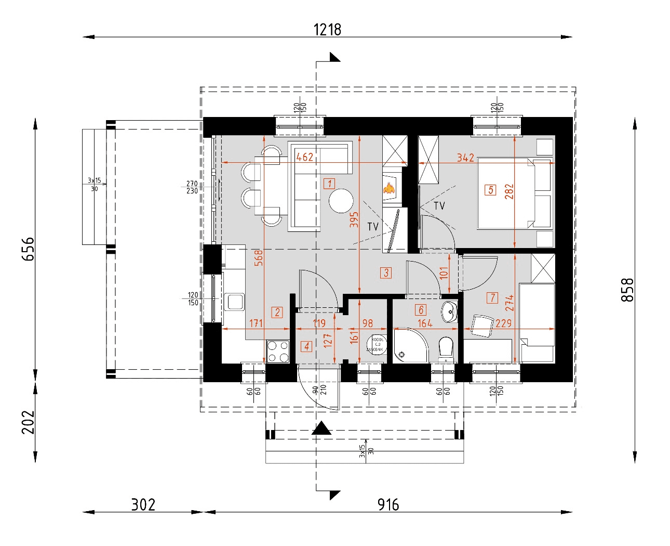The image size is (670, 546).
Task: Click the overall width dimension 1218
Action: coord(327,30)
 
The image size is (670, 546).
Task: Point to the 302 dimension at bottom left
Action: coord(143,504)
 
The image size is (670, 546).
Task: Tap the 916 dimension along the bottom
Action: coord(388,504)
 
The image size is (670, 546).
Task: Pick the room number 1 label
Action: coord(329,183)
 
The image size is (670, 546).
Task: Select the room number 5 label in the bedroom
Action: coord(491,190)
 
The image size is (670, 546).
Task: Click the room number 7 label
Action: coord(492,297)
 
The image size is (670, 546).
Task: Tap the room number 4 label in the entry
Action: coord(306,346)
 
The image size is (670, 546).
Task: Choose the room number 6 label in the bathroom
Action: coord(421,310)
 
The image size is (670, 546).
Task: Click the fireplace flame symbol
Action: coord(389,188)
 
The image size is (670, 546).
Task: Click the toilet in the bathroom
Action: coord(446,348)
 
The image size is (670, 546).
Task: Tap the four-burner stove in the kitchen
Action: coord(278,352)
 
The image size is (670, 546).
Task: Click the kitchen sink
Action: coord(235,302)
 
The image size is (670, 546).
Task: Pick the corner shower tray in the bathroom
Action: coord(408,346)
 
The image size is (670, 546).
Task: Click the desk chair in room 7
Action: coord(481,326)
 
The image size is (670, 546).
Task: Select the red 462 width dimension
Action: coord(304,157)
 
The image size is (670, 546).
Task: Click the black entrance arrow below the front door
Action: coord(321,428)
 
